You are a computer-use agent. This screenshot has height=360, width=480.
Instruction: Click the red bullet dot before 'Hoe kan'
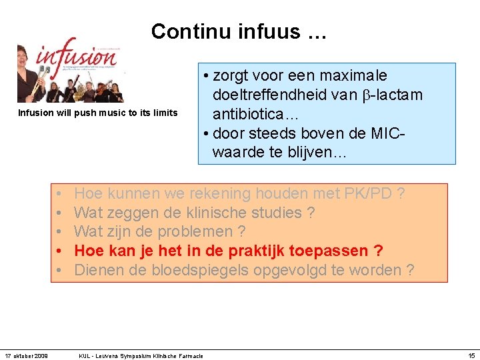click(60, 251)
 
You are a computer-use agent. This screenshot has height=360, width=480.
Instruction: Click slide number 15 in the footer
click(471, 355)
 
